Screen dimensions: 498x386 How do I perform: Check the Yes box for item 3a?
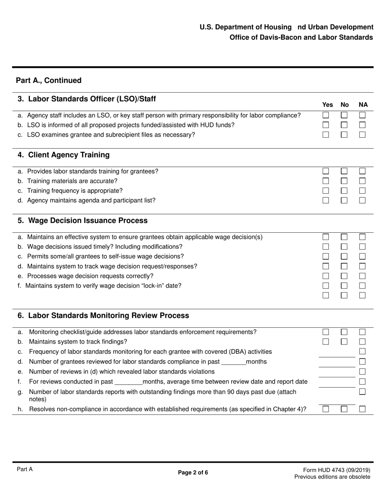pos(325,115)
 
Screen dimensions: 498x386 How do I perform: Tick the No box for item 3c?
pos(344,135)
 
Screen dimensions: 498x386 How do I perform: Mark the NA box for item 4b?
pos(362,181)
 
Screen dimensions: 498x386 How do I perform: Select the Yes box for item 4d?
pos(325,201)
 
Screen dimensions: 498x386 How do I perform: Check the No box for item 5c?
pos(344,257)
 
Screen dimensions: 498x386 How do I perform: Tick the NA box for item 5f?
pos(362,286)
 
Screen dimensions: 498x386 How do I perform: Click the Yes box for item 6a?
pos(325,332)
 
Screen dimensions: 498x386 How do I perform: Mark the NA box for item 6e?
pos(362,372)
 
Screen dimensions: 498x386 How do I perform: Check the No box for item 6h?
pos(344,409)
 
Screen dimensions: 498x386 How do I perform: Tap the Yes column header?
pos(327,105)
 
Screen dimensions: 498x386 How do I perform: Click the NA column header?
pos(363,105)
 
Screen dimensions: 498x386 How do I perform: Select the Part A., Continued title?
pos(49,80)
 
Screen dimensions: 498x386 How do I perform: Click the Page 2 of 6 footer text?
pos(193,472)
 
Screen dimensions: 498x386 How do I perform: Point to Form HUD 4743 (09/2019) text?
pos(336,470)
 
